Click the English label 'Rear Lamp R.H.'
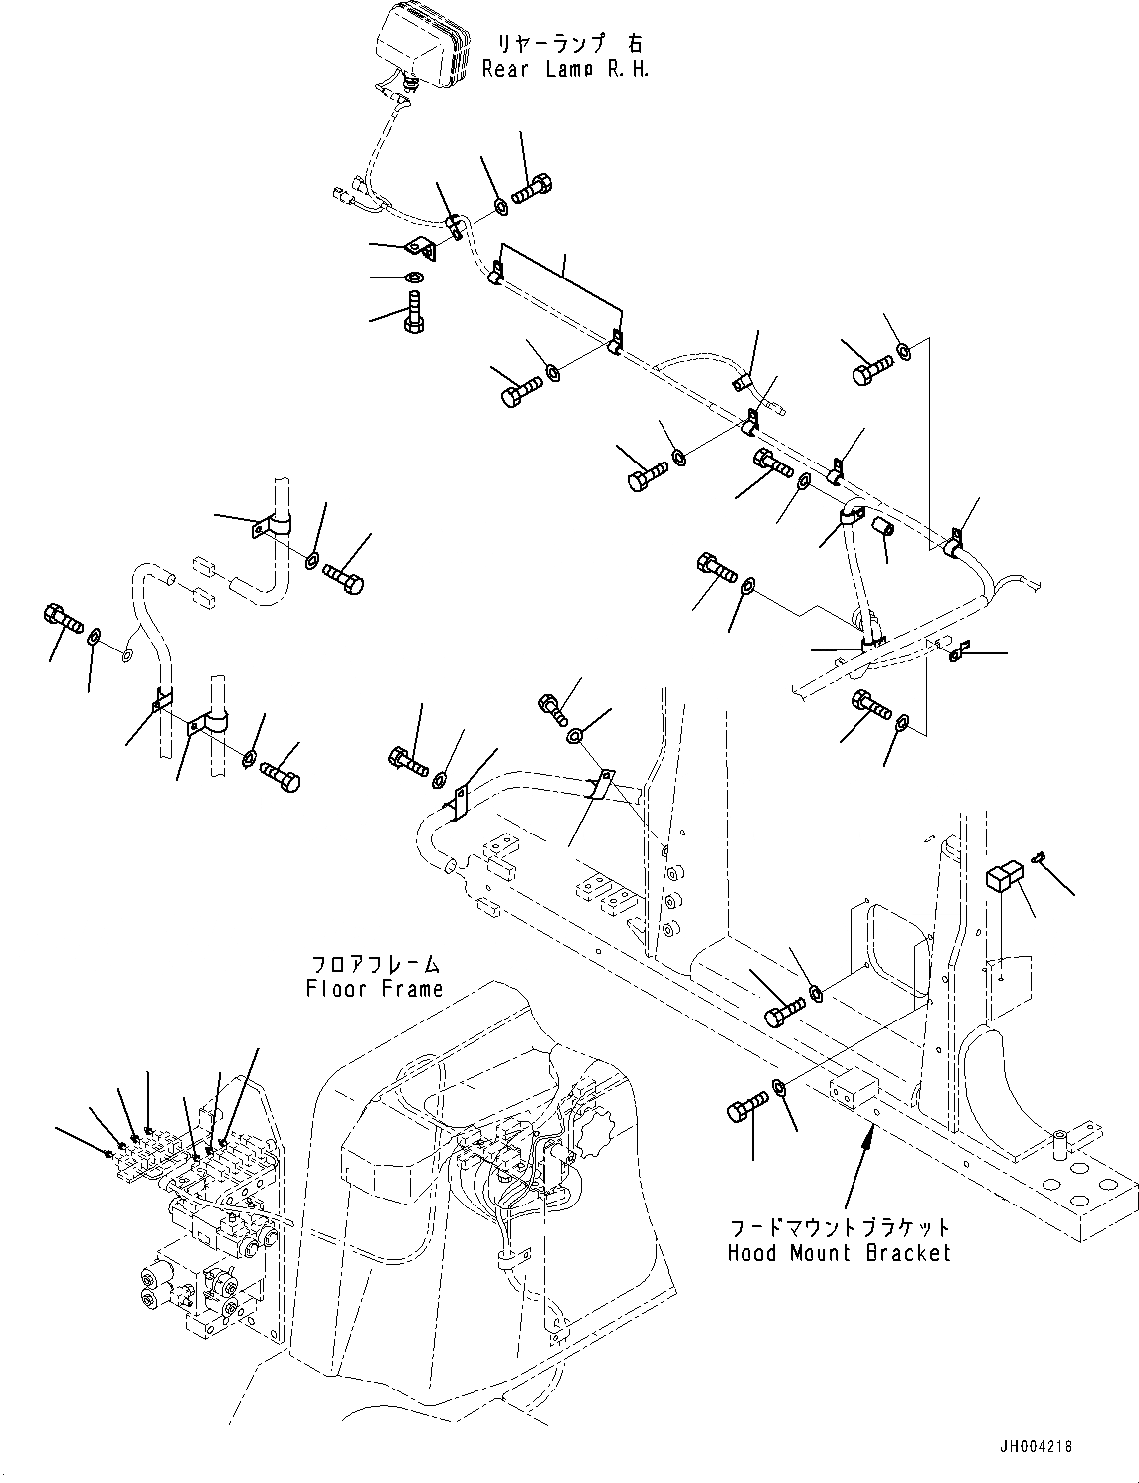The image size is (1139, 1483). tap(565, 69)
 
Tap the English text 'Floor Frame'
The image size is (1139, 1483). tap(374, 988)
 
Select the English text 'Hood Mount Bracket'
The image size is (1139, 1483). tap(839, 1252)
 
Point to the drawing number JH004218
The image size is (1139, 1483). tap(1033, 1447)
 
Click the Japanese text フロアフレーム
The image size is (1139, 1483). tap(375, 964)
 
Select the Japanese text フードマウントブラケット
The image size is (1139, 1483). tap(839, 1228)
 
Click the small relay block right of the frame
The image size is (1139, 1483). tap(1003, 878)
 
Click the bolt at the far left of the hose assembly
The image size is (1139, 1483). tap(62, 621)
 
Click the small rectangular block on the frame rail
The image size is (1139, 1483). tap(852, 1088)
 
